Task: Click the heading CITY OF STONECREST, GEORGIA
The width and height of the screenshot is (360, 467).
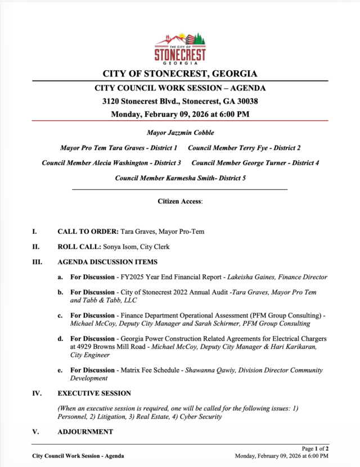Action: [180, 74]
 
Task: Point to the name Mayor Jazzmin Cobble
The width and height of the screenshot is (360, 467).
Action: [180, 133]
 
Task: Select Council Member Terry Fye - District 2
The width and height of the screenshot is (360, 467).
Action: [244, 148]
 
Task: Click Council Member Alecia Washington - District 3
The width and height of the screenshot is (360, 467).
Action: [111, 163]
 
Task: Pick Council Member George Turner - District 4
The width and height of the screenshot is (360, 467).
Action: [255, 163]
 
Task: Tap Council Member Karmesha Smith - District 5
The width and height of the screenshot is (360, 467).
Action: [180, 178]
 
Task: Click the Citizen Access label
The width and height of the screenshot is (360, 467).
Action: [179, 201]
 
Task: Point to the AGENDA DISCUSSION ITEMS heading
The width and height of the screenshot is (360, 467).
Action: [107, 262]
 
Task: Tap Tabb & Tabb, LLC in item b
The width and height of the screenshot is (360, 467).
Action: [103, 301]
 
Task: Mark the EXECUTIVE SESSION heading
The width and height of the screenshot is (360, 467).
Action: [94, 393]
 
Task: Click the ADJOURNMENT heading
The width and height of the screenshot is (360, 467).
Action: [85, 432]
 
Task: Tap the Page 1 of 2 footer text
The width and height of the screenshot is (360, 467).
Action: [315, 448]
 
